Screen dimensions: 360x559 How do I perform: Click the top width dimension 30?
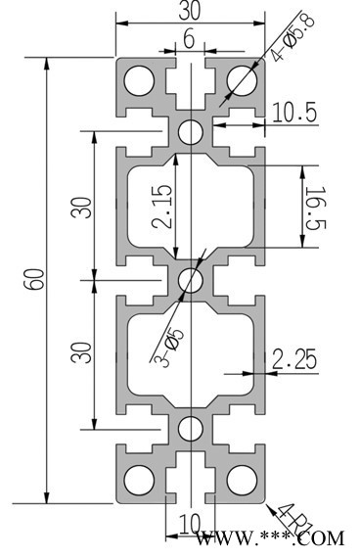(x=190, y=11)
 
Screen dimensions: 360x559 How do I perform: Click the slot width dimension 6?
(x=189, y=38)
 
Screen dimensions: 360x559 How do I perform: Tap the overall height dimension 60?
(x=36, y=279)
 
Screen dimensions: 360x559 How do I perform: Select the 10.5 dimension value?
(x=294, y=113)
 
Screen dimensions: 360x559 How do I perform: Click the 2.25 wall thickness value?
(x=294, y=359)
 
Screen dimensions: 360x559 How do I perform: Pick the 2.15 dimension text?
(x=162, y=207)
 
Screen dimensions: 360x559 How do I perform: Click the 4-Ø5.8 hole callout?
(x=292, y=37)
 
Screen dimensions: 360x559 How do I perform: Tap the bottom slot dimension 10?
(x=191, y=525)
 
